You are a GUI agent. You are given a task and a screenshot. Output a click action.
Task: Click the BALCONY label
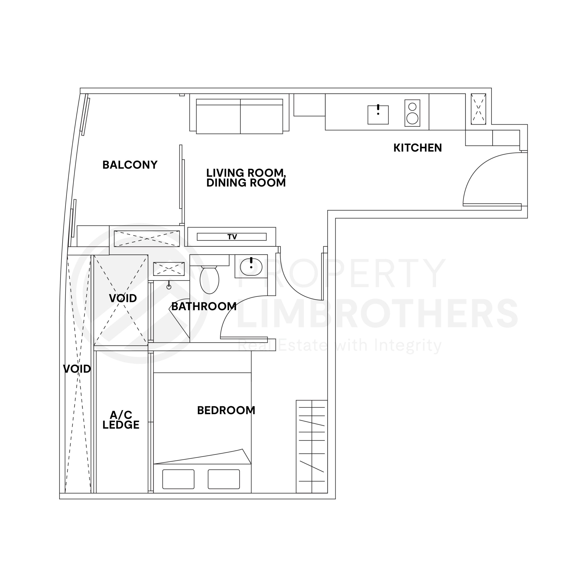click(130, 165)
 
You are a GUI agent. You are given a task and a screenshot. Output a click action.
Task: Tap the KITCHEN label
click(418, 148)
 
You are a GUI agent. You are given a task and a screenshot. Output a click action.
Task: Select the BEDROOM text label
click(226, 410)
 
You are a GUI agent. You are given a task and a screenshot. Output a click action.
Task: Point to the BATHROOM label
click(204, 306)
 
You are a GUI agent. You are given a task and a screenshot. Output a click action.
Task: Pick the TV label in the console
click(232, 237)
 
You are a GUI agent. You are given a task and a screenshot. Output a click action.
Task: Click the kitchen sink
click(378, 115)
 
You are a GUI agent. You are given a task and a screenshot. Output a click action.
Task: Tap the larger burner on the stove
click(412, 118)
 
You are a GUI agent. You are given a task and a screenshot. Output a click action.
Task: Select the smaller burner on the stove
click(412, 107)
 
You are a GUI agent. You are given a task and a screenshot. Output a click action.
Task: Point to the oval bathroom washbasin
click(251, 267)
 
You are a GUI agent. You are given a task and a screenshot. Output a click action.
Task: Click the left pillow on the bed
click(178, 479)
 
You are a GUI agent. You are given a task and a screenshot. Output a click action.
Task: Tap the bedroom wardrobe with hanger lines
click(312, 447)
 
